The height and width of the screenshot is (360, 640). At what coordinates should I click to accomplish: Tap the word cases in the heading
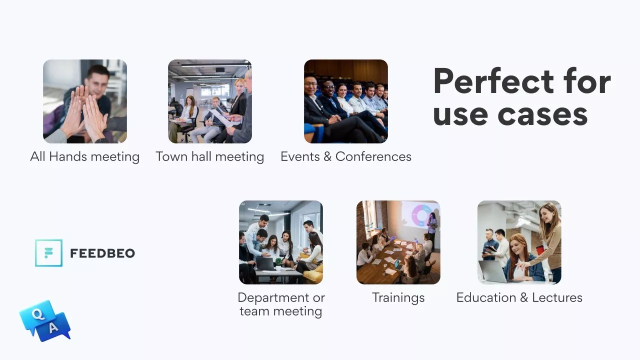click(542, 114)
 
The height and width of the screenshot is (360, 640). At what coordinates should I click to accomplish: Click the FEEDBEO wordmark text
click(102, 253)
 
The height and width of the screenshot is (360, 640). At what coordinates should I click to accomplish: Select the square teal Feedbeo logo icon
click(48, 253)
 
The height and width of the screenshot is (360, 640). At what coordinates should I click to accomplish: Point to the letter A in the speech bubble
click(53, 327)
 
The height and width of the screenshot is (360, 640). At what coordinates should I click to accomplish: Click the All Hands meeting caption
click(85, 157)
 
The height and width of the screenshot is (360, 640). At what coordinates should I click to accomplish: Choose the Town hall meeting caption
click(209, 157)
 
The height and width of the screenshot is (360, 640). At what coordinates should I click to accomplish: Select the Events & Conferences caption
click(345, 156)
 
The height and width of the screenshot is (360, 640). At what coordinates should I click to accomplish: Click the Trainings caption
click(398, 297)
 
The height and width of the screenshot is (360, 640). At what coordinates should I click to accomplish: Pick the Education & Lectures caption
click(519, 297)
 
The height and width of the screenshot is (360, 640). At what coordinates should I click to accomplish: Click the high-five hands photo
click(85, 101)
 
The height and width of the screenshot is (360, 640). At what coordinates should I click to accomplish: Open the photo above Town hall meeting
click(210, 101)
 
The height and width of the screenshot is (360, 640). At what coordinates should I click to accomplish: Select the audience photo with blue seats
click(346, 101)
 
